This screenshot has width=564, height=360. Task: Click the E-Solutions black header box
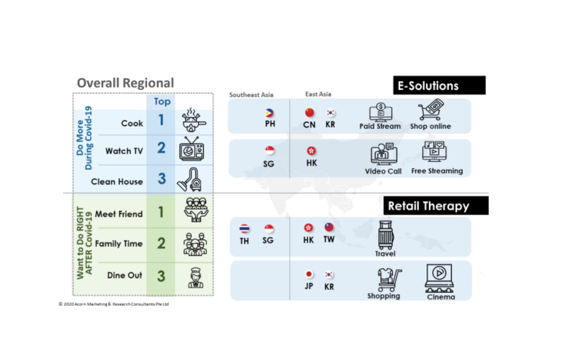(439, 85)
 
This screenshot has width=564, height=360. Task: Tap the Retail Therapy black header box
(436, 206)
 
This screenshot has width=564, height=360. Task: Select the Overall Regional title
(125, 83)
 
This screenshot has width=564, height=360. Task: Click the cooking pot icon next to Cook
(192, 121)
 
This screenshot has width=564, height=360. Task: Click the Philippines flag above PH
(270, 113)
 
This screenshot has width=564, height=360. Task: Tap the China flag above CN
(309, 113)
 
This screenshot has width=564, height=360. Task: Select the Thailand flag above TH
(244, 228)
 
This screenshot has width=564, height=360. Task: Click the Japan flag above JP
(309, 274)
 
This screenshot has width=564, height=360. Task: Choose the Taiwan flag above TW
(329, 227)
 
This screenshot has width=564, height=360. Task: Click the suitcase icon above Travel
(386, 235)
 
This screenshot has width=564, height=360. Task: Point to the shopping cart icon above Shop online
(430, 111)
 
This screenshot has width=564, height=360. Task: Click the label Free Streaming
(437, 171)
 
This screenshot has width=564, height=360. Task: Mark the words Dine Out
(125, 275)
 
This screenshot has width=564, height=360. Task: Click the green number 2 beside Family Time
(161, 243)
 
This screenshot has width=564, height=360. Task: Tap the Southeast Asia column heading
(251, 95)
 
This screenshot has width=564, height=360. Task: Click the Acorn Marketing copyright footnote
(114, 304)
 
